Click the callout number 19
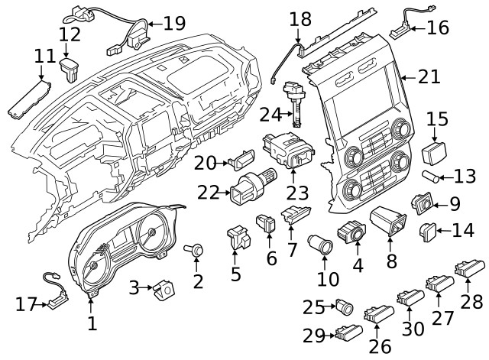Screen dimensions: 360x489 174,24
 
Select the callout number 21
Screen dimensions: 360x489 429,76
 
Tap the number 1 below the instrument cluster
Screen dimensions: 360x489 92,324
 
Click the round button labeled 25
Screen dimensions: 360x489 345,309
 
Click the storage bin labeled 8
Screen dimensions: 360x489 389,223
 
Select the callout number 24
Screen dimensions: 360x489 270,115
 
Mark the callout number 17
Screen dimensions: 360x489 26,305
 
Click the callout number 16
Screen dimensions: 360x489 438,28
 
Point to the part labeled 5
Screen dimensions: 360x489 239,239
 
